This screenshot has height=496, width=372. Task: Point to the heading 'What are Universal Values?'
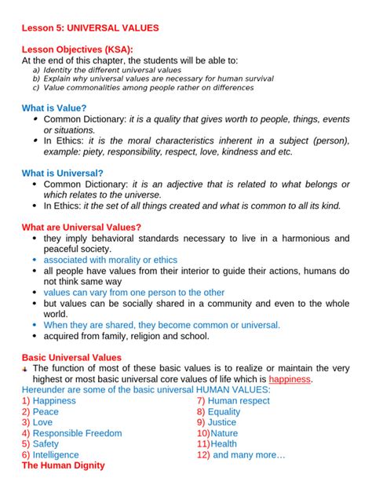tap(81, 227)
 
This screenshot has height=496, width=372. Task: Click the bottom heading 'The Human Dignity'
tap(63, 465)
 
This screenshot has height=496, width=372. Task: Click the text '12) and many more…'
tap(241, 454)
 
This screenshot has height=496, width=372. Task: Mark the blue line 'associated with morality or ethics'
tap(110, 260)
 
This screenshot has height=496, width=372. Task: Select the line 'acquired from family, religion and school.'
tap(126, 336)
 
